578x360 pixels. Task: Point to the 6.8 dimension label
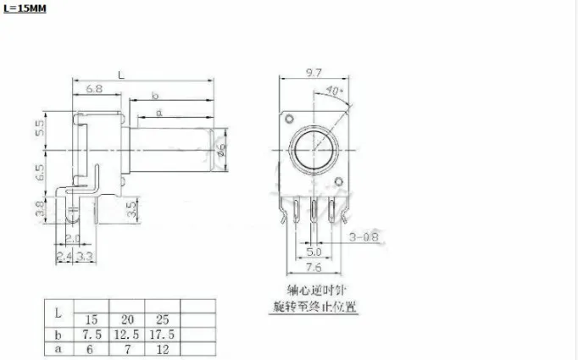coord(93,89)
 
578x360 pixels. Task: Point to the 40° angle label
coord(334,91)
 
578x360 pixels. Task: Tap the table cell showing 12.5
coord(130,335)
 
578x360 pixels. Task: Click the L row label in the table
coord(58,313)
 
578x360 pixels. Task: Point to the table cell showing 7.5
coord(92,335)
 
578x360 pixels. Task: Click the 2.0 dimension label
coord(74,238)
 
